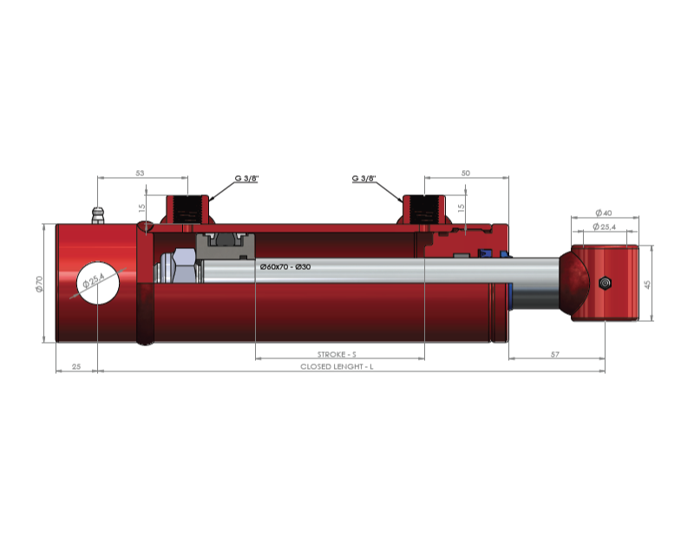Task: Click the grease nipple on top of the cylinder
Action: (x=98, y=215)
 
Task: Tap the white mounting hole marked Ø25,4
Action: (x=98, y=283)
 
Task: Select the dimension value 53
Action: (x=140, y=173)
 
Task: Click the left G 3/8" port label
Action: (x=246, y=179)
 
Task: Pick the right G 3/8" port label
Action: (x=363, y=179)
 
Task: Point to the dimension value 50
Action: (x=466, y=173)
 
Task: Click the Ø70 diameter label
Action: (x=39, y=284)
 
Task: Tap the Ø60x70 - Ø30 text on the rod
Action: (x=285, y=267)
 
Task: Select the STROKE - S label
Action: (x=337, y=354)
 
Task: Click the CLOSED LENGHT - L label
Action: (x=337, y=366)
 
